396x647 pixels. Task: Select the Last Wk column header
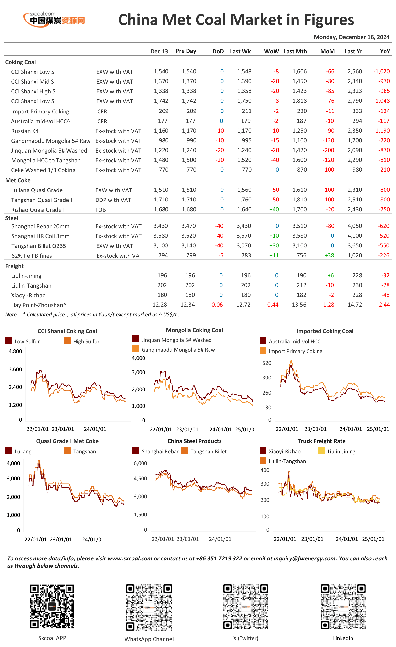tap(240, 51)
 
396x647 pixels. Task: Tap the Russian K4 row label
tap(25, 131)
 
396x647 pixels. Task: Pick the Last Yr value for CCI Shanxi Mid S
tap(354, 81)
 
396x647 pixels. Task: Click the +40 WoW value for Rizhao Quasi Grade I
tap(274, 209)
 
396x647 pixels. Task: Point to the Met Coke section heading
tap(18, 180)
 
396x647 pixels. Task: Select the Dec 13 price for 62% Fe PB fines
tap(163, 255)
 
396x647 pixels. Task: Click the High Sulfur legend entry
tap(82, 341)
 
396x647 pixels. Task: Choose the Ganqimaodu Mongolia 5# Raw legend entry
tap(174, 349)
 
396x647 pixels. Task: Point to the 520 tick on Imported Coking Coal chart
tap(267, 363)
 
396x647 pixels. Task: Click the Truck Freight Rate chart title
tap(321, 441)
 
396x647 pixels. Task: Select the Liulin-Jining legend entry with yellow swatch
tap(337, 451)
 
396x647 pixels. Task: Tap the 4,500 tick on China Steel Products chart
tap(140, 478)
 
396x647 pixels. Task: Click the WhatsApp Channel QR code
tap(149, 608)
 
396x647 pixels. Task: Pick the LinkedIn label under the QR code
tap(343, 638)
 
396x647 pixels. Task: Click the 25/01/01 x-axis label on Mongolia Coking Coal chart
tap(246, 429)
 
